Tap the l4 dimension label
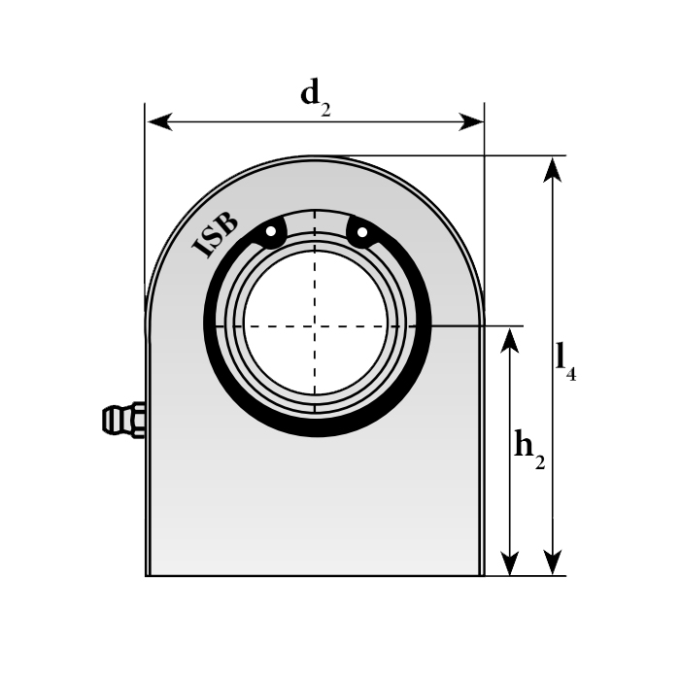click(x=566, y=361)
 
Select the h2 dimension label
click(x=529, y=449)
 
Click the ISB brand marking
click(x=215, y=234)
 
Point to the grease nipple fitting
click(x=123, y=420)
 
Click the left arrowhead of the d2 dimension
click(x=159, y=121)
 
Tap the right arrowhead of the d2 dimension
click(x=471, y=121)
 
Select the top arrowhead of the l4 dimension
click(x=553, y=169)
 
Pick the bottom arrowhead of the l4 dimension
click(x=553, y=562)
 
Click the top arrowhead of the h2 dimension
click(x=510, y=340)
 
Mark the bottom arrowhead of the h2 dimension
click(x=510, y=562)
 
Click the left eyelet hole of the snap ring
click(x=271, y=231)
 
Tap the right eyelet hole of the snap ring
click(x=362, y=232)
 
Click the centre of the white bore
click(x=316, y=323)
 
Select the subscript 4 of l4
click(x=571, y=374)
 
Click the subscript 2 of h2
click(x=539, y=462)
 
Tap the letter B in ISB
click(x=226, y=222)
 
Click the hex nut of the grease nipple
click(x=138, y=420)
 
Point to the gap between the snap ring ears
click(x=316, y=224)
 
